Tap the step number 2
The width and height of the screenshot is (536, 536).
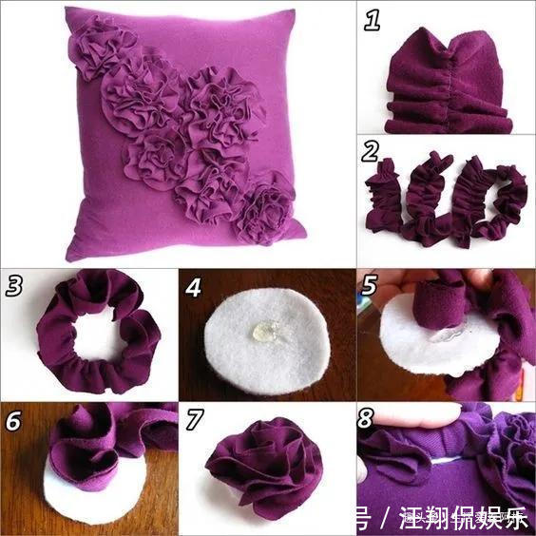click(372, 152)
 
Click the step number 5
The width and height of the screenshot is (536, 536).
click(373, 285)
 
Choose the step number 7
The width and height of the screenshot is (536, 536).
click(194, 419)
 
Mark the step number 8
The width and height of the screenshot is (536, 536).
click(373, 419)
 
